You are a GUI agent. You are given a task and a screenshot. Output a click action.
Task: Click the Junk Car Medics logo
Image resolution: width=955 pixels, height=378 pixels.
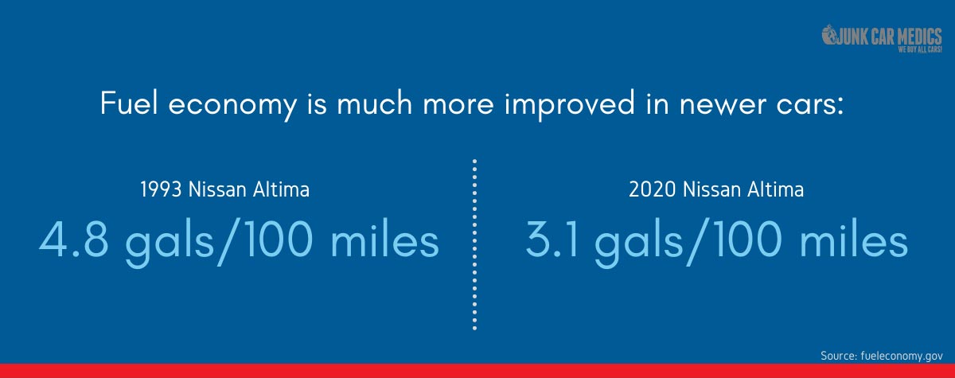pyautogui.click(x=882, y=38)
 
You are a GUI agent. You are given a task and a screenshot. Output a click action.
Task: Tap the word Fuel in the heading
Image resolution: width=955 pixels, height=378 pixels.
pyautogui.click(x=129, y=103)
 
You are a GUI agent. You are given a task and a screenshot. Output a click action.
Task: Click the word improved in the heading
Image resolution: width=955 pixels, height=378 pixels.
pyautogui.click(x=570, y=104)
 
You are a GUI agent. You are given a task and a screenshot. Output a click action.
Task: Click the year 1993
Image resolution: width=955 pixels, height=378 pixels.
pyautogui.click(x=161, y=189)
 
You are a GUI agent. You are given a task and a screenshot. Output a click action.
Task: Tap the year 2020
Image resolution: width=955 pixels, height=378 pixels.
pyautogui.click(x=652, y=189)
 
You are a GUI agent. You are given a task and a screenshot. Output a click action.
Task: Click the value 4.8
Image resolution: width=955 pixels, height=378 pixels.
pyautogui.click(x=74, y=240)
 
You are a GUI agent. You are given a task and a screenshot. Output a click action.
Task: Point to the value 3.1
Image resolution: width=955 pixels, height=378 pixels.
pyautogui.click(x=552, y=240)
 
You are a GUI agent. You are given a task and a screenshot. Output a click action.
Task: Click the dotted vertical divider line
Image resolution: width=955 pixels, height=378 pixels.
pyautogui.click(x=474, y=244)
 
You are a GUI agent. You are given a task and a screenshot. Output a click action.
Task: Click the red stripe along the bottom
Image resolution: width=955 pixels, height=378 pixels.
pyautogui.click(x=477, y=371)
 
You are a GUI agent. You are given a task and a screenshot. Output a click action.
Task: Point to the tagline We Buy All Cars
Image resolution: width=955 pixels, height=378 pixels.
pyautogui.click(x=920, y=49)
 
